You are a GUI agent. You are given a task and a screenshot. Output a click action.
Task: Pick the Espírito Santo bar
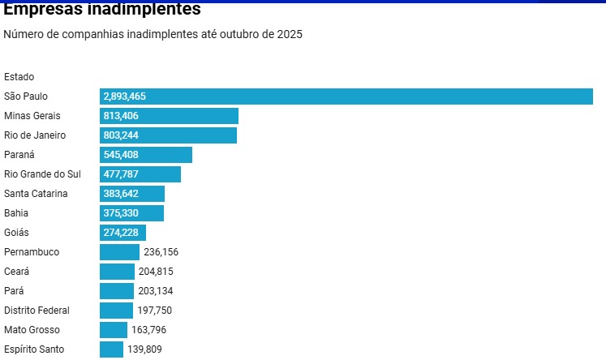(111, 349)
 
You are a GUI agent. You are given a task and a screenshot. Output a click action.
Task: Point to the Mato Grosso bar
(114, 330)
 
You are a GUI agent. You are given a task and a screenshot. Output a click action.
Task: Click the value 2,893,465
(125, 96)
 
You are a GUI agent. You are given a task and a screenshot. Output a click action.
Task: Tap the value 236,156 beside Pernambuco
(161, 252)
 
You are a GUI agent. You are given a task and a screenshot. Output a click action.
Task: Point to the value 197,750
(154, 311)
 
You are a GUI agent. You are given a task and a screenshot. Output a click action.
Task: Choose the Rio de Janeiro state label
(35, 135)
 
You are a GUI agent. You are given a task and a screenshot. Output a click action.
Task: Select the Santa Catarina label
(36, 194)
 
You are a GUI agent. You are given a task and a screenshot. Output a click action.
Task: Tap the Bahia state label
(16, 213)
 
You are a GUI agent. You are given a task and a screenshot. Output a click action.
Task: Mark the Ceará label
(17, 272)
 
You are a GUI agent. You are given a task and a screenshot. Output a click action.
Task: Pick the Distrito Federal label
(37, 311)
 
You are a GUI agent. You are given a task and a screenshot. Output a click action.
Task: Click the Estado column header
(19, 77)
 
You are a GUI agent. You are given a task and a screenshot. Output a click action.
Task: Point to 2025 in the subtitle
(289, 35)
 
